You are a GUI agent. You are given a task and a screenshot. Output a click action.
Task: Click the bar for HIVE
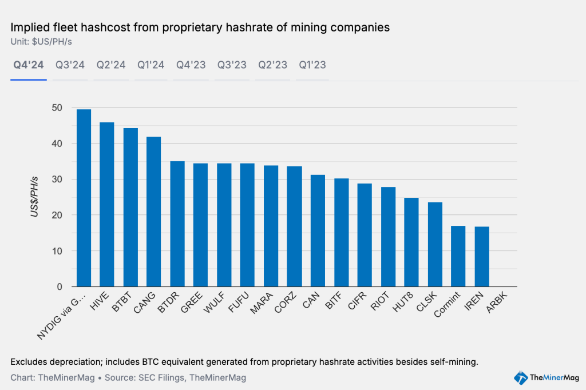pyautogui.click(x=107, y=204)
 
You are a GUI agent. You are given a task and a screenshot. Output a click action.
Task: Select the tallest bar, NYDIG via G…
pyautogui.click(x=84, y=198)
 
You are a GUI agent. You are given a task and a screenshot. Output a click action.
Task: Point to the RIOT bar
pyautogui.click(x=388, y=237)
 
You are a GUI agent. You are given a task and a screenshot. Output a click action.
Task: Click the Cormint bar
pyautogui.click(x=458, y=256)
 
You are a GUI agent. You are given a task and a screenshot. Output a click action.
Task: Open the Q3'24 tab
pyautogui.click(x=70, y=65)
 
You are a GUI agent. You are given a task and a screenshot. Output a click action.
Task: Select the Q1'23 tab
pyautogui.click(x=312, y=65)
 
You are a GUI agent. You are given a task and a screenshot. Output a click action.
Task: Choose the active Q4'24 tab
pyautogui.click(x=29, y=65)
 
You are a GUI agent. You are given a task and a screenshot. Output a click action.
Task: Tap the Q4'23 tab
pyautogui.click(x=191, y=65)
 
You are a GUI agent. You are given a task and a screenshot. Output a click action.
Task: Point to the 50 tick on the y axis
pyautogui.click(x=57, y=108)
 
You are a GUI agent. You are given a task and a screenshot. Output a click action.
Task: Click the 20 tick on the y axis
pyautogui.click(x=57, y=215)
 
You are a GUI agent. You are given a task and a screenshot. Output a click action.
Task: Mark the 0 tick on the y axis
pyautogui.click(x=60, y=286)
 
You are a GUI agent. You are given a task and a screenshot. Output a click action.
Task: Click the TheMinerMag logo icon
pyautogui.click(x=520, y=377)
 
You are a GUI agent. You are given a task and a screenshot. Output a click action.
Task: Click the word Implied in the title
pyautogui.click(x=29, y=27)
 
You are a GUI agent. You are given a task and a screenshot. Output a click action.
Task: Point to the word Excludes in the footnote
pyautogui.click(x=29, y=362)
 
